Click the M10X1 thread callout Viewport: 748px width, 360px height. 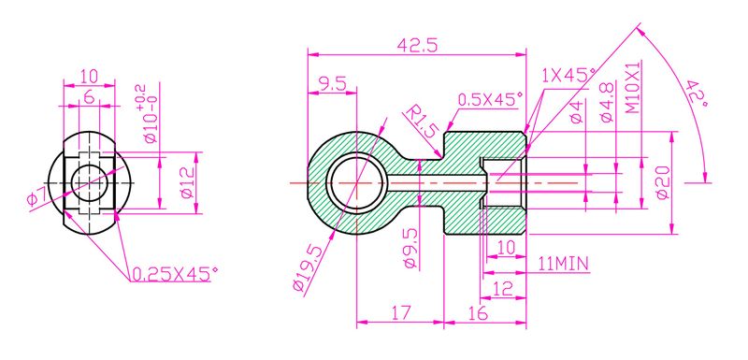coord(633,89)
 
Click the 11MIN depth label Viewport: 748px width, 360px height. coord(563,265)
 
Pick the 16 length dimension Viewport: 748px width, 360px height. coord(477,314)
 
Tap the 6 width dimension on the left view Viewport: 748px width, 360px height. coord(88,96)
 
